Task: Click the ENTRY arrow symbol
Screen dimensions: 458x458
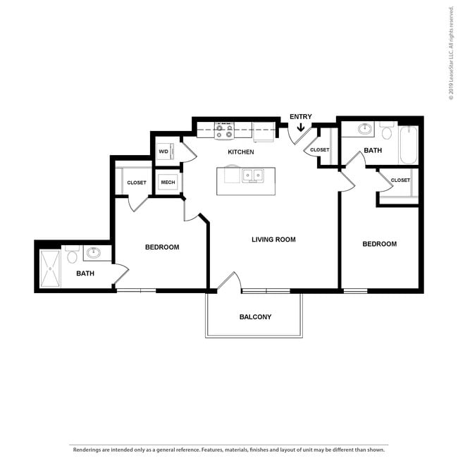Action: (301, 128)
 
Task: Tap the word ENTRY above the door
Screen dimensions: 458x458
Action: (301, 117)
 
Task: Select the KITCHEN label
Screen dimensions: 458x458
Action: (241, 152)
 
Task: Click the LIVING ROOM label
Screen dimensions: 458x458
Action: (273, 240)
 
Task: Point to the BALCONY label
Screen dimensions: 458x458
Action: (255, 317)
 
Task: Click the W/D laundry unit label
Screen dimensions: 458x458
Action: (163, 151)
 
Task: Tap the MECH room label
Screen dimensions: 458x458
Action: (168, 182)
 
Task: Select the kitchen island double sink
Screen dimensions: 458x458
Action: (253, 175)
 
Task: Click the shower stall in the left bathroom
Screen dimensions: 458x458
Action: (50, 268)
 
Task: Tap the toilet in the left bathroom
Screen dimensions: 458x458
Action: (72, 259)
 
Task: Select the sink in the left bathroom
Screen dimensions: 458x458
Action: (94, 252)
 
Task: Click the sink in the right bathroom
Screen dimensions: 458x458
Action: (365, 129)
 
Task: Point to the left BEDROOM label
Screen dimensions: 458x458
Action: (162, 247)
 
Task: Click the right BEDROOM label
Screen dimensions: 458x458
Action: (379, 245)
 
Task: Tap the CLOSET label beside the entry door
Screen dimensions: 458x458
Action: (319, 150)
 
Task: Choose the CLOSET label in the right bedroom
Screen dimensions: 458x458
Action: (400, 180)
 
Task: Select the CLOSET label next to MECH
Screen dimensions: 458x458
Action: (137, 182)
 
